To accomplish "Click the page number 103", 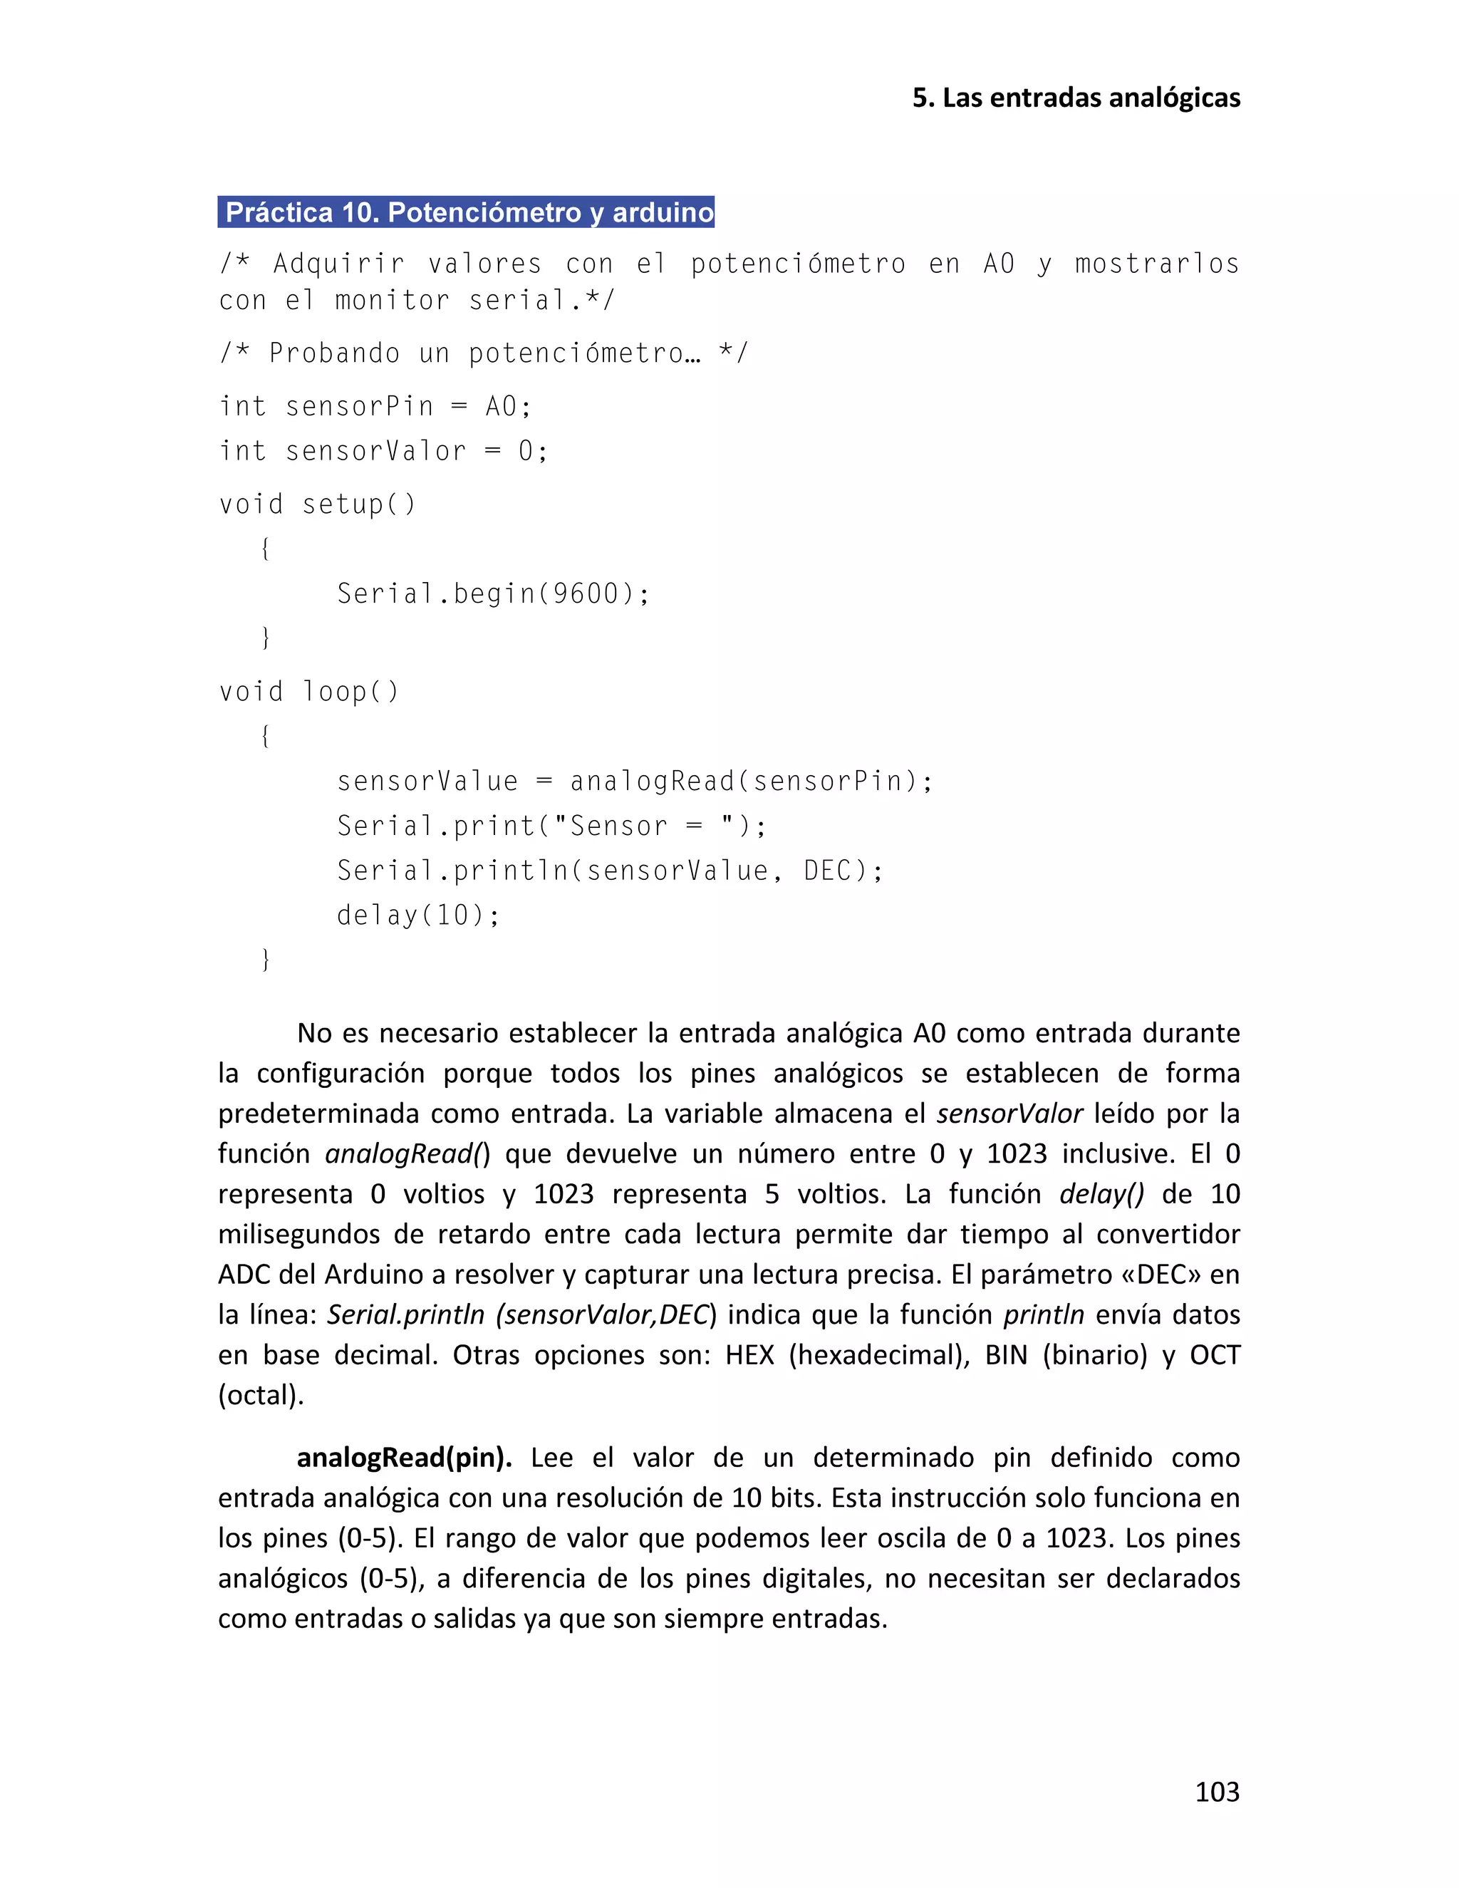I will coord(1216,1792).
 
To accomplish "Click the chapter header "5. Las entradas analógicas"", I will coord(1076,98).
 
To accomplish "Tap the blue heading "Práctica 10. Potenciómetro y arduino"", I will coord(466,212).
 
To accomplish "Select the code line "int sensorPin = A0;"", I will coord(375,405).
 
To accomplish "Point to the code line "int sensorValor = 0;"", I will coord(383,450).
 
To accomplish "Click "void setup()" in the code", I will coord(317,504).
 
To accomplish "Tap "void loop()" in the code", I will coord(308,692).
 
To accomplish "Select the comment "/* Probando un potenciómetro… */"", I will coord(483,353).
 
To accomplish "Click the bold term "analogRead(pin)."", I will coord(405,1458).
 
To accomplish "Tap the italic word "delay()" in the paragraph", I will coord(1101,1194).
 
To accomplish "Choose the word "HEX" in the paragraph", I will coord(749,1354).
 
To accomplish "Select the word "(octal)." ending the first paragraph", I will coord(261,1395).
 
